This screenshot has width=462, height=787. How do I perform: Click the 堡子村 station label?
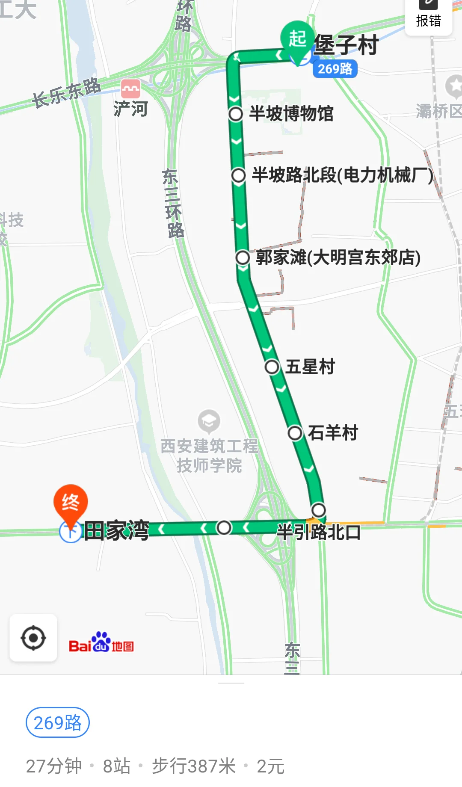pos(346,45)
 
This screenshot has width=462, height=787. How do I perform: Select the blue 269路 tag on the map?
pos(335,69)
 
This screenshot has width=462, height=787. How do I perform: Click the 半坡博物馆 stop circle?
pos(236,114)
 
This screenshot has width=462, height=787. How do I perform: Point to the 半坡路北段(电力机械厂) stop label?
pos(342,175)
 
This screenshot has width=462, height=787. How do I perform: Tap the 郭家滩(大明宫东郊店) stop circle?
pos(243,257)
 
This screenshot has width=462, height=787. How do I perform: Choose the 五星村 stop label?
pos(310,367)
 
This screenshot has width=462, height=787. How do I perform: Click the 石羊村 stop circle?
pos(295,433)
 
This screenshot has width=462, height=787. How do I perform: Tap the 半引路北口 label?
pos(319,533)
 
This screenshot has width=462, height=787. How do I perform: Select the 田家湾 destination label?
pos(116,531)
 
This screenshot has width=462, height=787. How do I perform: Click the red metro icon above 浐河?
pos(130,89)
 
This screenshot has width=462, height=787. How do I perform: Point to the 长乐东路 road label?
pos(66,93)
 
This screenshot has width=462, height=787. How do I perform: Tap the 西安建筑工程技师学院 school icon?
pos(209,421)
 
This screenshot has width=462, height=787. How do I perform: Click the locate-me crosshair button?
pos(33,638)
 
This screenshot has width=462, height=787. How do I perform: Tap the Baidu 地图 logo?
pos(101,642)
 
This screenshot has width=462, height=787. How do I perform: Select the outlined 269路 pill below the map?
pos(58,723)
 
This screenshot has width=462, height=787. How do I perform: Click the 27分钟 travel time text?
pos(54,766)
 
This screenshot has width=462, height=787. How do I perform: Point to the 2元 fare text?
pos(270,766)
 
